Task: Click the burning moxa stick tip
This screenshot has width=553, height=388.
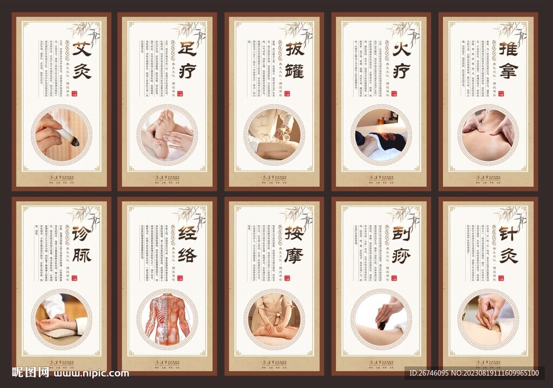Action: pyautogui.click(x=75, y=142)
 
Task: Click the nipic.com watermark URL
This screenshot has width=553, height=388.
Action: pyautogui.click(x=92, y=373)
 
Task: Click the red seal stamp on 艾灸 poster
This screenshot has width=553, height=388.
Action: pyautogui.click(x=75, y=93)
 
